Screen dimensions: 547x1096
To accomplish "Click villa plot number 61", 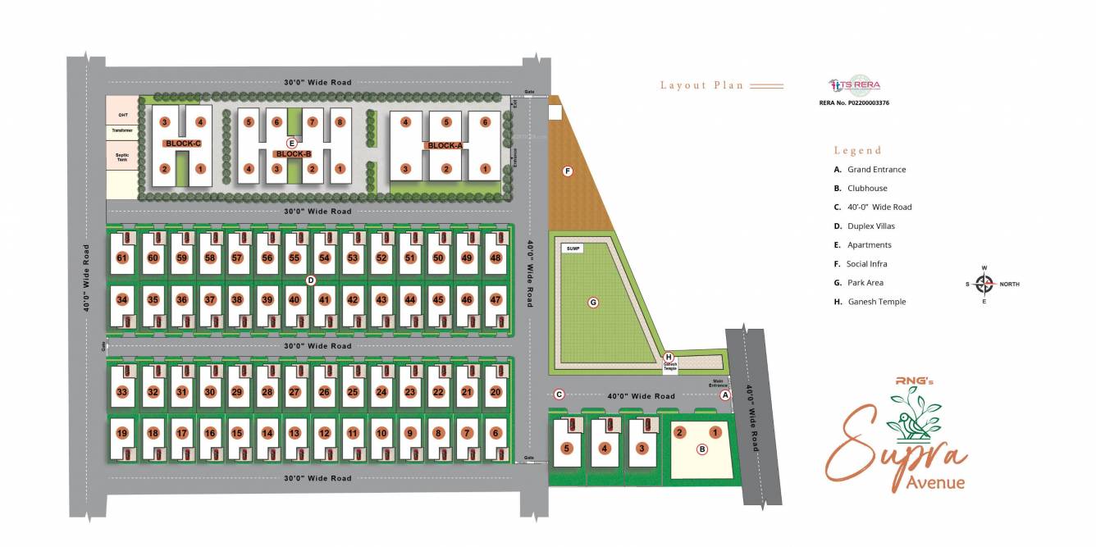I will tap(123, 258).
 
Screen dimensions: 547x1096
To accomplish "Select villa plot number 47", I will tap(495, 299).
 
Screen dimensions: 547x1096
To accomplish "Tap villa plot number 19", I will tap(123, 433).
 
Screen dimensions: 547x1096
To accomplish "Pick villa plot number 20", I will tap(495, 392).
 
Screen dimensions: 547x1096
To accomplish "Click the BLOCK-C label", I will tap(182, 144).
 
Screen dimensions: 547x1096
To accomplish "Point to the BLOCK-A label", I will tap(445, 146).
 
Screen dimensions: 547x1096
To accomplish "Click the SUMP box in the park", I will tap(573, 248).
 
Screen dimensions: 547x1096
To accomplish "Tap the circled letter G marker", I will tap(593, 303).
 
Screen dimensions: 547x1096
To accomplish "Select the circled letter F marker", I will tap(567, 171).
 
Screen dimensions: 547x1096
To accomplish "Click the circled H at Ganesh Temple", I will tap(669, 357).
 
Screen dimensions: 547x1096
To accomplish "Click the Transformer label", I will tap(122, 130).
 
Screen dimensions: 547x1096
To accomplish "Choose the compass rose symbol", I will tap(984, 284).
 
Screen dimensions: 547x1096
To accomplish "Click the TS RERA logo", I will tap(854, 85).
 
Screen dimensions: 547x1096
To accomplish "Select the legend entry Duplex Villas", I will tap(870, 226).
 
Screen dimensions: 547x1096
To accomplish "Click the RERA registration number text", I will tap(854, 103).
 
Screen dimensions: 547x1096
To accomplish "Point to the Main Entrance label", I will tap(719, 382).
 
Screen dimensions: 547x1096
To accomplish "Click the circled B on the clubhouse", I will tap(701, 449).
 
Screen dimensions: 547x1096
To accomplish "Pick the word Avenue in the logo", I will tap(935, 482).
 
